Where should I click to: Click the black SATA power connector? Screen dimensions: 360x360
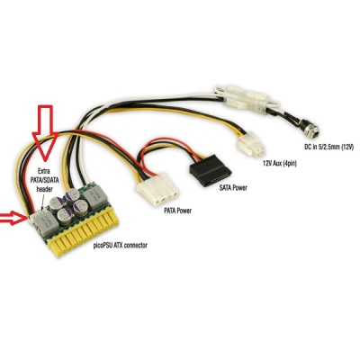point(211,170)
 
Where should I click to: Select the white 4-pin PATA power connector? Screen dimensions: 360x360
point(157,190)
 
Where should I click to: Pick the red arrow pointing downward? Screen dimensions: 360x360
point(45,132)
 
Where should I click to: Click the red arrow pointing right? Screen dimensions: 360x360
point(13,218)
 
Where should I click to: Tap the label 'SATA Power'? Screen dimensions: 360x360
point(233,187)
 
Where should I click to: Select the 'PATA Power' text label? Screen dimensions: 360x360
point(177,211)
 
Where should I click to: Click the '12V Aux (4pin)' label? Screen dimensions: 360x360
point(280,164)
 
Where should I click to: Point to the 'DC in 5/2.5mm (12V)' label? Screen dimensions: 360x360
point(329,148)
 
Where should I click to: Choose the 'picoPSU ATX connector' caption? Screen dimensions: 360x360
point(120,246)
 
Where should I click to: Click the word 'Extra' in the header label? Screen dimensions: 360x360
point(43,171)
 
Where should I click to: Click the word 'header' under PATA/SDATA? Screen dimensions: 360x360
point(44,189)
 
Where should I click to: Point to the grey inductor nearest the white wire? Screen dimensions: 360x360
point(93,195)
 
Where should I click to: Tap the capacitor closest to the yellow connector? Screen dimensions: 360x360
point(64,217)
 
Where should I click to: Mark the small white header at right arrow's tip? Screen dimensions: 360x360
point(31,220)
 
